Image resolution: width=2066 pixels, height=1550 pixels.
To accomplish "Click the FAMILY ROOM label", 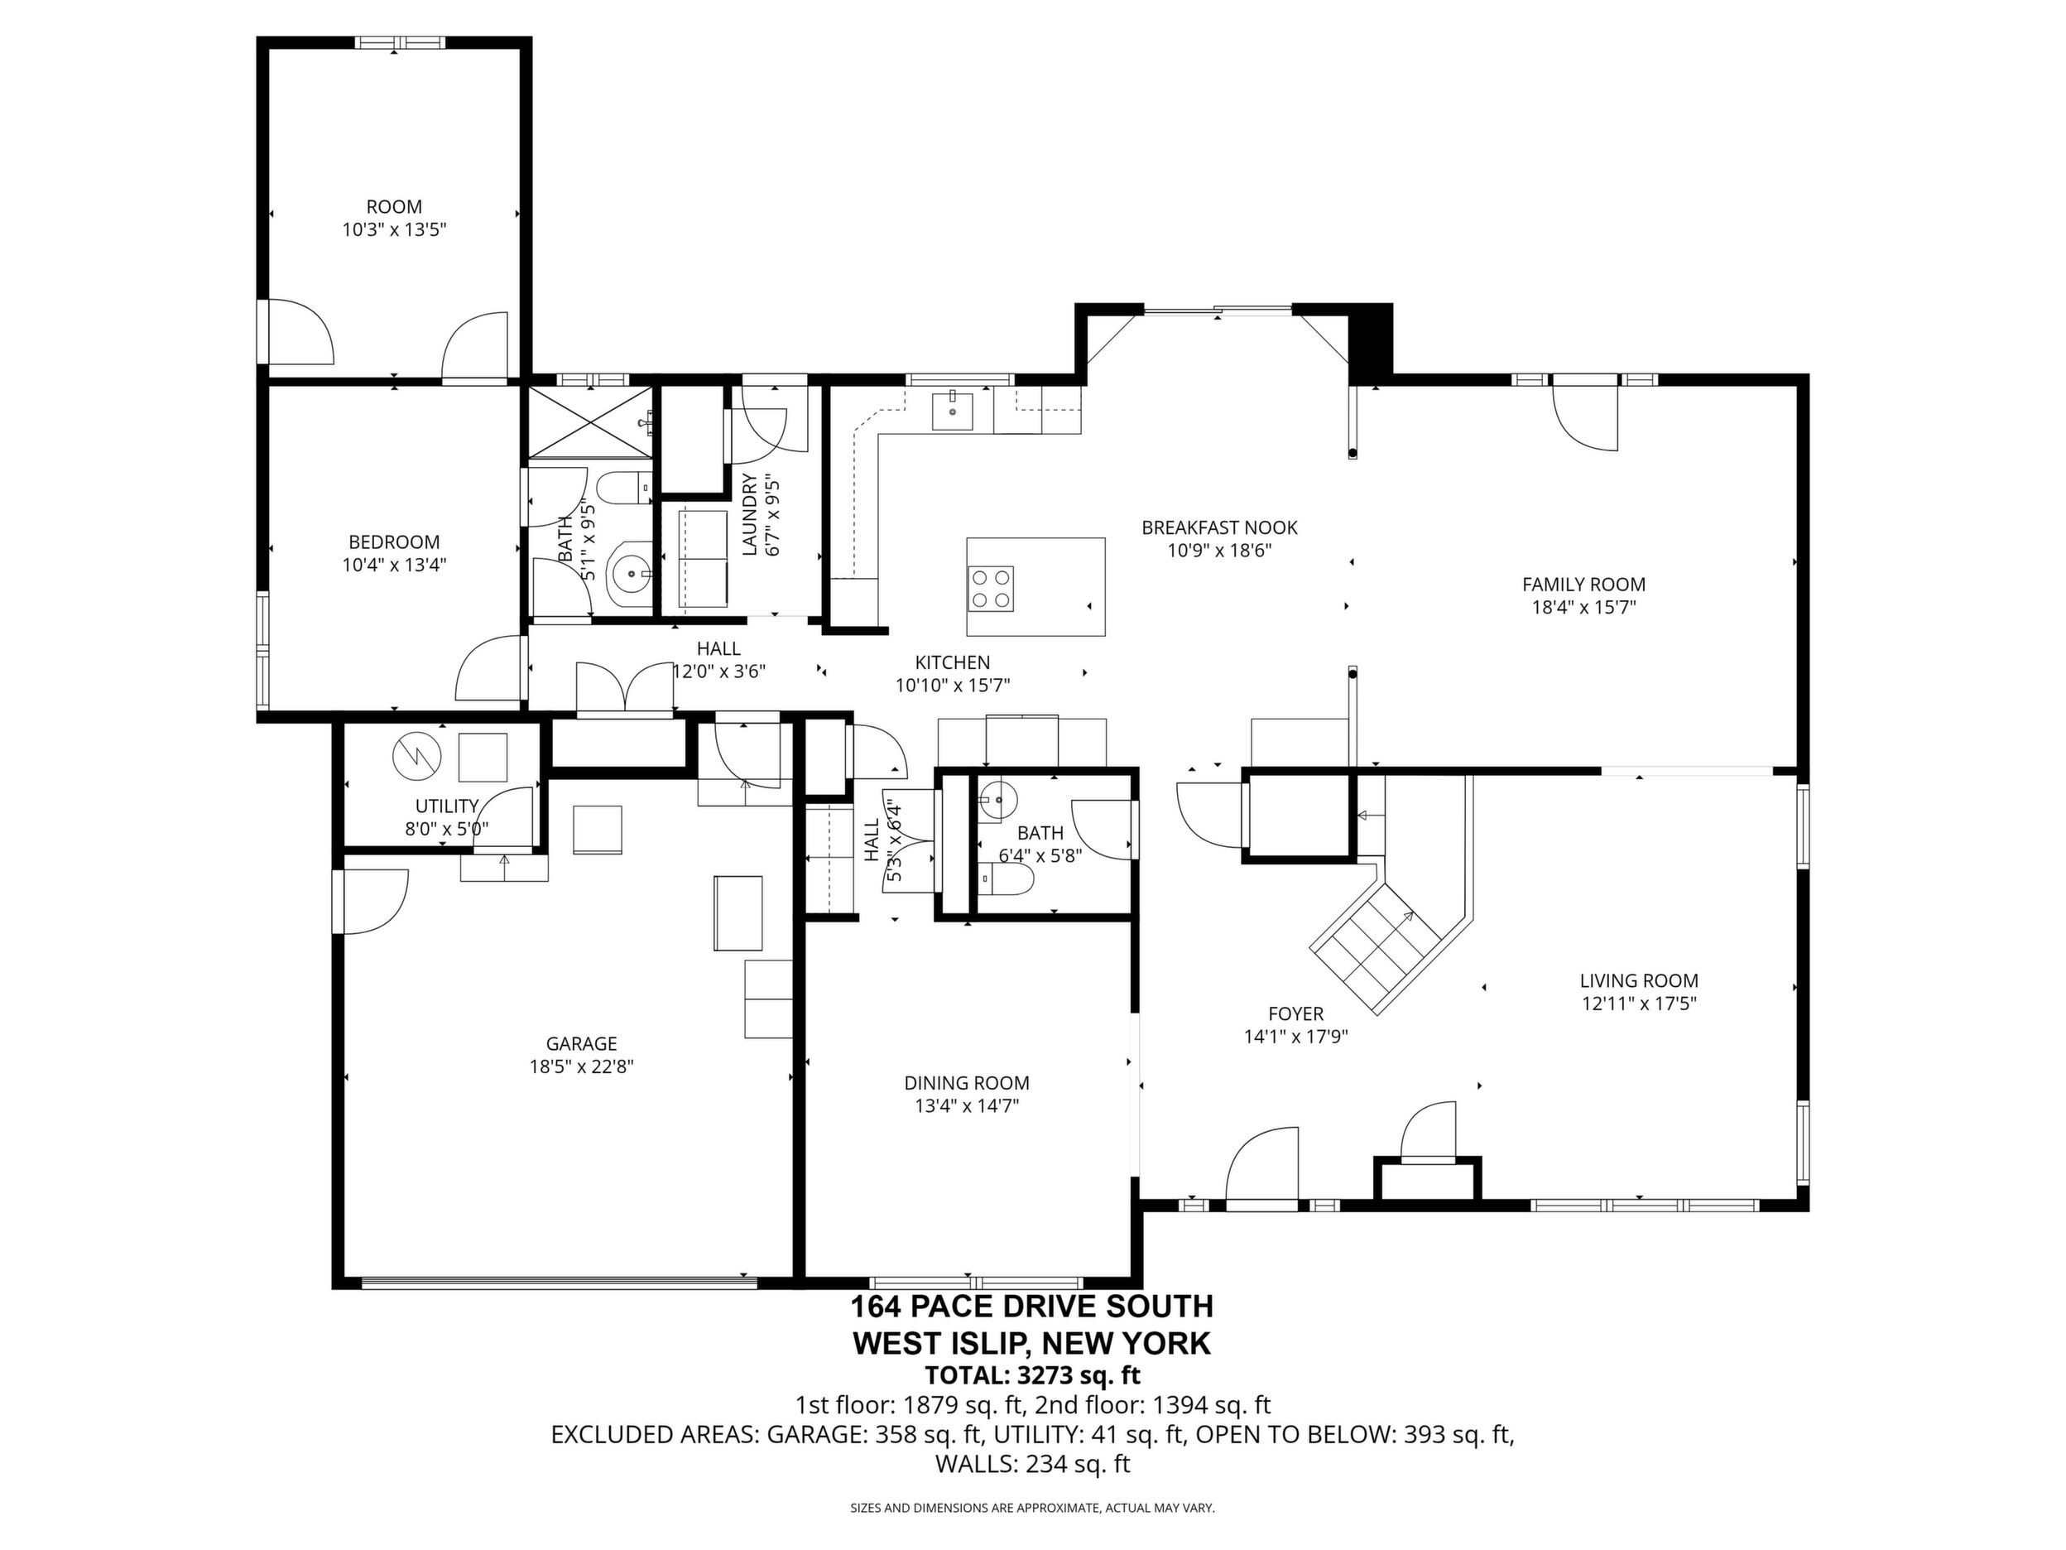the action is pos(1583,585).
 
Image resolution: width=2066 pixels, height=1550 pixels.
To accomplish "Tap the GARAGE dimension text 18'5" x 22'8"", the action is pos(582,1067).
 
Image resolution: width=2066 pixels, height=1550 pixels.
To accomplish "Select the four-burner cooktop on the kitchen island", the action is pos(992,589).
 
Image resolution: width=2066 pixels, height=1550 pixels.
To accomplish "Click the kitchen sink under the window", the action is pos(952,410).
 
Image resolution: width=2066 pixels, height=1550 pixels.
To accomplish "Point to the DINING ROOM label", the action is pos(967,1083).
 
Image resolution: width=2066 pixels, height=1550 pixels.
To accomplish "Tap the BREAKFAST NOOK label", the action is pos(1220,528).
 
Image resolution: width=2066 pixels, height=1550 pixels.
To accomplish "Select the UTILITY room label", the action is pos(446,806).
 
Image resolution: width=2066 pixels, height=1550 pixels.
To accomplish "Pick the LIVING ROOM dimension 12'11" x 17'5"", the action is pos(1639,1004).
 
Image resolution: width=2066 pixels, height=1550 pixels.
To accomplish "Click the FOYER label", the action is pos(1295,1013).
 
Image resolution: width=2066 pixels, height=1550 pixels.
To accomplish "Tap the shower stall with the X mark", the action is pos(590,422).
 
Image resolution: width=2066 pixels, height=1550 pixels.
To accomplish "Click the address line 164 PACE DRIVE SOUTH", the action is pos(1032,1305).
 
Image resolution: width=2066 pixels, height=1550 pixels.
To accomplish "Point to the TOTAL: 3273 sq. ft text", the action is pos(1032,1375).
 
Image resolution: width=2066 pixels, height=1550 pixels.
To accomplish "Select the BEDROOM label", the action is pos(394,542).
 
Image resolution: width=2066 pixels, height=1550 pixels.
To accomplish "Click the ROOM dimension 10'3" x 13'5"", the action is pos(394,230).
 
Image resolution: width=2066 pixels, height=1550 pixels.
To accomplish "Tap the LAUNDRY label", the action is pos(749,515).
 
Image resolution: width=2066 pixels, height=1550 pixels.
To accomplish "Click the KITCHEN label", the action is pos(953,662).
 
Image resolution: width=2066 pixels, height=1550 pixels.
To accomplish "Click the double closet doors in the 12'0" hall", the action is pos(625,689).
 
